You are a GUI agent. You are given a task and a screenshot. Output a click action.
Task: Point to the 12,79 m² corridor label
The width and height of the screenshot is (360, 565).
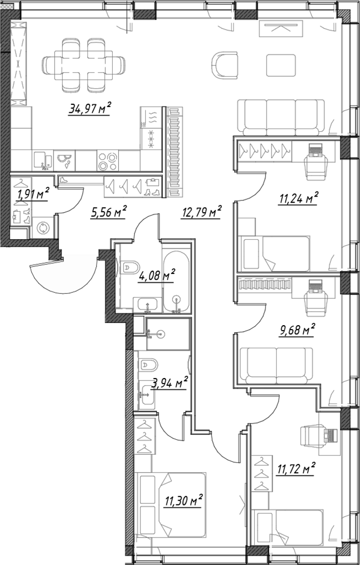coord(201,212)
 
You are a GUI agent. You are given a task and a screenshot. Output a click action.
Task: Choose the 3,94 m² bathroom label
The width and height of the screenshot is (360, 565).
coord(169,382)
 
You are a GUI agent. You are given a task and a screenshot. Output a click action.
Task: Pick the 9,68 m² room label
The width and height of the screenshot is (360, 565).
coord(297,329)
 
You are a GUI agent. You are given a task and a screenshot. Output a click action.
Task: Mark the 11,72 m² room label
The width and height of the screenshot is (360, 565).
coord(296,469)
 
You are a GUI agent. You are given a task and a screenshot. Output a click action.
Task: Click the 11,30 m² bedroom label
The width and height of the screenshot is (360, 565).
coord(184,501)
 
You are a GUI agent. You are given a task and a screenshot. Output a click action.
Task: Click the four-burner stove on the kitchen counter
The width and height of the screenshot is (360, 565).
coord(107,161)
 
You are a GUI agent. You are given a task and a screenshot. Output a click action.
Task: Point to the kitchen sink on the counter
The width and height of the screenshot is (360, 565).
coord(43,161)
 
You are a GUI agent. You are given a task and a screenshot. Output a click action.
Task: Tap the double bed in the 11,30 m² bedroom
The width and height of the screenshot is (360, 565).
coord(169,505)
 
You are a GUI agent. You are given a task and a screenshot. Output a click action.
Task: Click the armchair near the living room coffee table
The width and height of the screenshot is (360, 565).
coord(225,65)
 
